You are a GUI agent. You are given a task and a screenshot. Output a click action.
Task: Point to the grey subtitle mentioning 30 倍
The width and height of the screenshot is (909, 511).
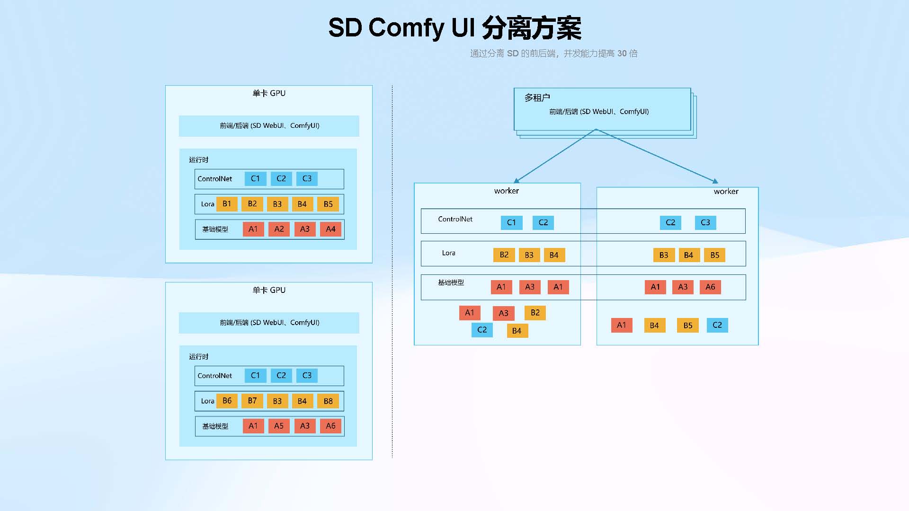point(553,53)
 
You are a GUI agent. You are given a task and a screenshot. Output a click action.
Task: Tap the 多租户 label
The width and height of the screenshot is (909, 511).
point(537,97)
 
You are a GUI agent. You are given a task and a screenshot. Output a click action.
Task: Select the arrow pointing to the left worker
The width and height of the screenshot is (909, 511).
point(554,156)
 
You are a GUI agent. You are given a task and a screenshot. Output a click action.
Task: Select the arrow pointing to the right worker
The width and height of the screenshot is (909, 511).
point(658,156)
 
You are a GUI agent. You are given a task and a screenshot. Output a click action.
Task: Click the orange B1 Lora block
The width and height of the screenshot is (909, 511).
point(227,204)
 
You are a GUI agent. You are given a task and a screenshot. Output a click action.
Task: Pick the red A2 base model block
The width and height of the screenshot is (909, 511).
point(279,229)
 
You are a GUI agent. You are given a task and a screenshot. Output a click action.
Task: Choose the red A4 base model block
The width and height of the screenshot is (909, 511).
point(330,229)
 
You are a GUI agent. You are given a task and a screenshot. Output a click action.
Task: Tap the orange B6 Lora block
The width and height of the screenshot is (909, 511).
point(227,401)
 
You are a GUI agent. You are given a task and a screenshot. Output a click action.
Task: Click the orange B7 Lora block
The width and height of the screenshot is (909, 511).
point(252,401)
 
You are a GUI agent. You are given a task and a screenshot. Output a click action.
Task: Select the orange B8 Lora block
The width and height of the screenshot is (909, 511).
point(328,401)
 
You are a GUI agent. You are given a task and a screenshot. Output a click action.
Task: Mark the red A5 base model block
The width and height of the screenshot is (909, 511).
point(279,426)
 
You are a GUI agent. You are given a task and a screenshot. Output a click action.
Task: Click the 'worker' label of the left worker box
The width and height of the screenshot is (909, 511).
point(507,191)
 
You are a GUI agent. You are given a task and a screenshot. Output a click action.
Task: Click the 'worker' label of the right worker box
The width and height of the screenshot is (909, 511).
point(726,192)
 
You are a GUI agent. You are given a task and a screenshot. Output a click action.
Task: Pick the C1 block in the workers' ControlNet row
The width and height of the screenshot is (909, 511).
point(511,222)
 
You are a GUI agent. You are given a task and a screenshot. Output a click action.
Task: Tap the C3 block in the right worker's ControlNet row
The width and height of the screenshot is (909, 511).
point(705,222)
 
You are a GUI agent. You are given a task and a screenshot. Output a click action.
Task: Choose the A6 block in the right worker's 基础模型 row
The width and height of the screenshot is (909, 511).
point(710,287)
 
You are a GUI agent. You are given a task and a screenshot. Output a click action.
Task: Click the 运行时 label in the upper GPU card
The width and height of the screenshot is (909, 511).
point(198,160)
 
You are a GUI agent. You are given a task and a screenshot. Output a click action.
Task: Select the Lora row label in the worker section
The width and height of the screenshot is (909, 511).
point(448,253)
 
